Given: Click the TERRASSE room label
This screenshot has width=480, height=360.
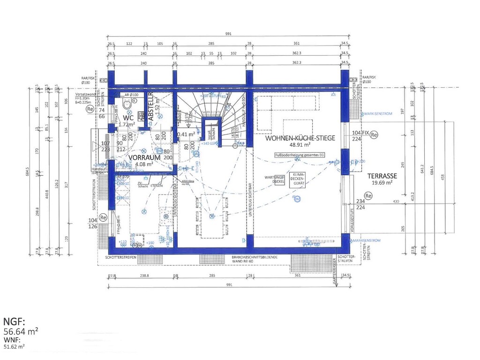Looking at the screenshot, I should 382,175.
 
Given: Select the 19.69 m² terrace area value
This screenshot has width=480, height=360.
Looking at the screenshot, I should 382,183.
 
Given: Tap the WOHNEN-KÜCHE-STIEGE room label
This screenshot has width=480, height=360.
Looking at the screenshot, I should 300,139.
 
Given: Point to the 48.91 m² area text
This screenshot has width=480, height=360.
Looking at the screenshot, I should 300,146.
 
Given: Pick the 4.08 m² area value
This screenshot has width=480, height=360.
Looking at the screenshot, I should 143,165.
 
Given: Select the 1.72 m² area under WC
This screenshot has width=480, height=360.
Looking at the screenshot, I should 127,125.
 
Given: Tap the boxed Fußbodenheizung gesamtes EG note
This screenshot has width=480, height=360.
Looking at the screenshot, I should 300,155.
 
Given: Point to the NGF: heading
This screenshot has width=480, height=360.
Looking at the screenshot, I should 14,322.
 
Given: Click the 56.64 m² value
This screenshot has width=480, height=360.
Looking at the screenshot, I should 21,331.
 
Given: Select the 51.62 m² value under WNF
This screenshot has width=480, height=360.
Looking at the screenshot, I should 14,347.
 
